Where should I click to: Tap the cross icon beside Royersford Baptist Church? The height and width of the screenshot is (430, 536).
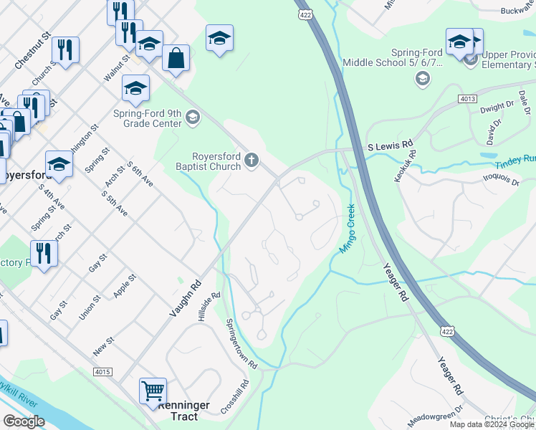tap(251, 160)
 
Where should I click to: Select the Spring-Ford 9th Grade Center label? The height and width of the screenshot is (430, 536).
tap(147, 118)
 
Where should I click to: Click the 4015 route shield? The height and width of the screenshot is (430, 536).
tap(102, 372)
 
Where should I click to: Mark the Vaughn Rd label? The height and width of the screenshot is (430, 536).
tap(184, 299)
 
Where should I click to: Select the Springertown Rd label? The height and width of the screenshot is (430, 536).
tap(241, 343)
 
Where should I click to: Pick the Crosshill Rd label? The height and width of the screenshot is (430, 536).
tap(234, 396)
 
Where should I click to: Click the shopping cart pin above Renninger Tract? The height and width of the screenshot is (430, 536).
tap(153, 391)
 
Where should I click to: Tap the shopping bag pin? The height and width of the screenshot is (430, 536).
tap(176, 58)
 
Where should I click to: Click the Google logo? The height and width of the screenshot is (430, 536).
tap(24, 421)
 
